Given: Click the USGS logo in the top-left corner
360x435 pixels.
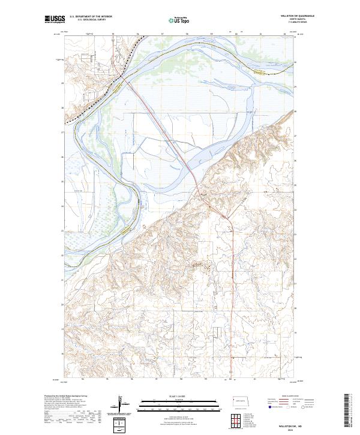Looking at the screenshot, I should point(55,20).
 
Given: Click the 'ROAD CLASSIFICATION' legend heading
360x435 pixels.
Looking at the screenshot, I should point(290,397).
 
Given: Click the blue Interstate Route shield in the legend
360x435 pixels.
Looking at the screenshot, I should point(269,407).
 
